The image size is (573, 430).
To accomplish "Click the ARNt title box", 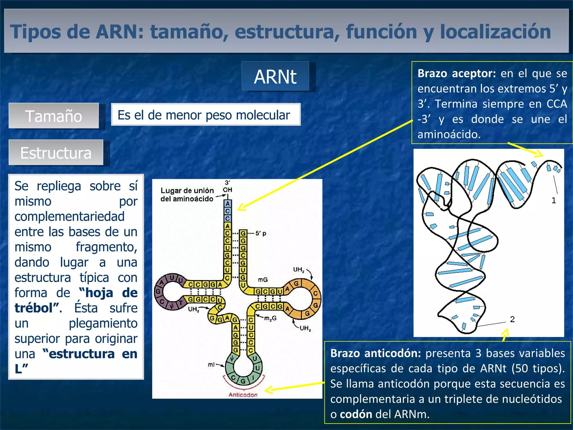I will [275, 77].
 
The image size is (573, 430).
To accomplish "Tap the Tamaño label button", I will [54, 116].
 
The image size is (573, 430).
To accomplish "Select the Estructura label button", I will [56, 153].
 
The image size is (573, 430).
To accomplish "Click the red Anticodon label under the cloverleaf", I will [243, 395].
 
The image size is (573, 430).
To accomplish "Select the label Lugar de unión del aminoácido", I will [187, 195].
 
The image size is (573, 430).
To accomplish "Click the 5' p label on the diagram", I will [261, 233].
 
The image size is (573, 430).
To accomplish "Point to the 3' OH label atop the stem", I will [227, 186].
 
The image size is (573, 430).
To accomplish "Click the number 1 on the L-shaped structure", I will [553, 200].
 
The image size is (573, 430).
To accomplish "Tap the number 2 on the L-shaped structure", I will [512, 319].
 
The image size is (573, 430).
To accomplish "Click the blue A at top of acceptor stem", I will [227, 204].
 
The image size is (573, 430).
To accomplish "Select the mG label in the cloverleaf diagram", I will [263, 279].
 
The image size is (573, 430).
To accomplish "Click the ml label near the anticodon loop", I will [211, 364].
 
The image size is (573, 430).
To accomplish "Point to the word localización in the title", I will [495, 31].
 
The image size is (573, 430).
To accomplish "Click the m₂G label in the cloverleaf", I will [270, 318].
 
